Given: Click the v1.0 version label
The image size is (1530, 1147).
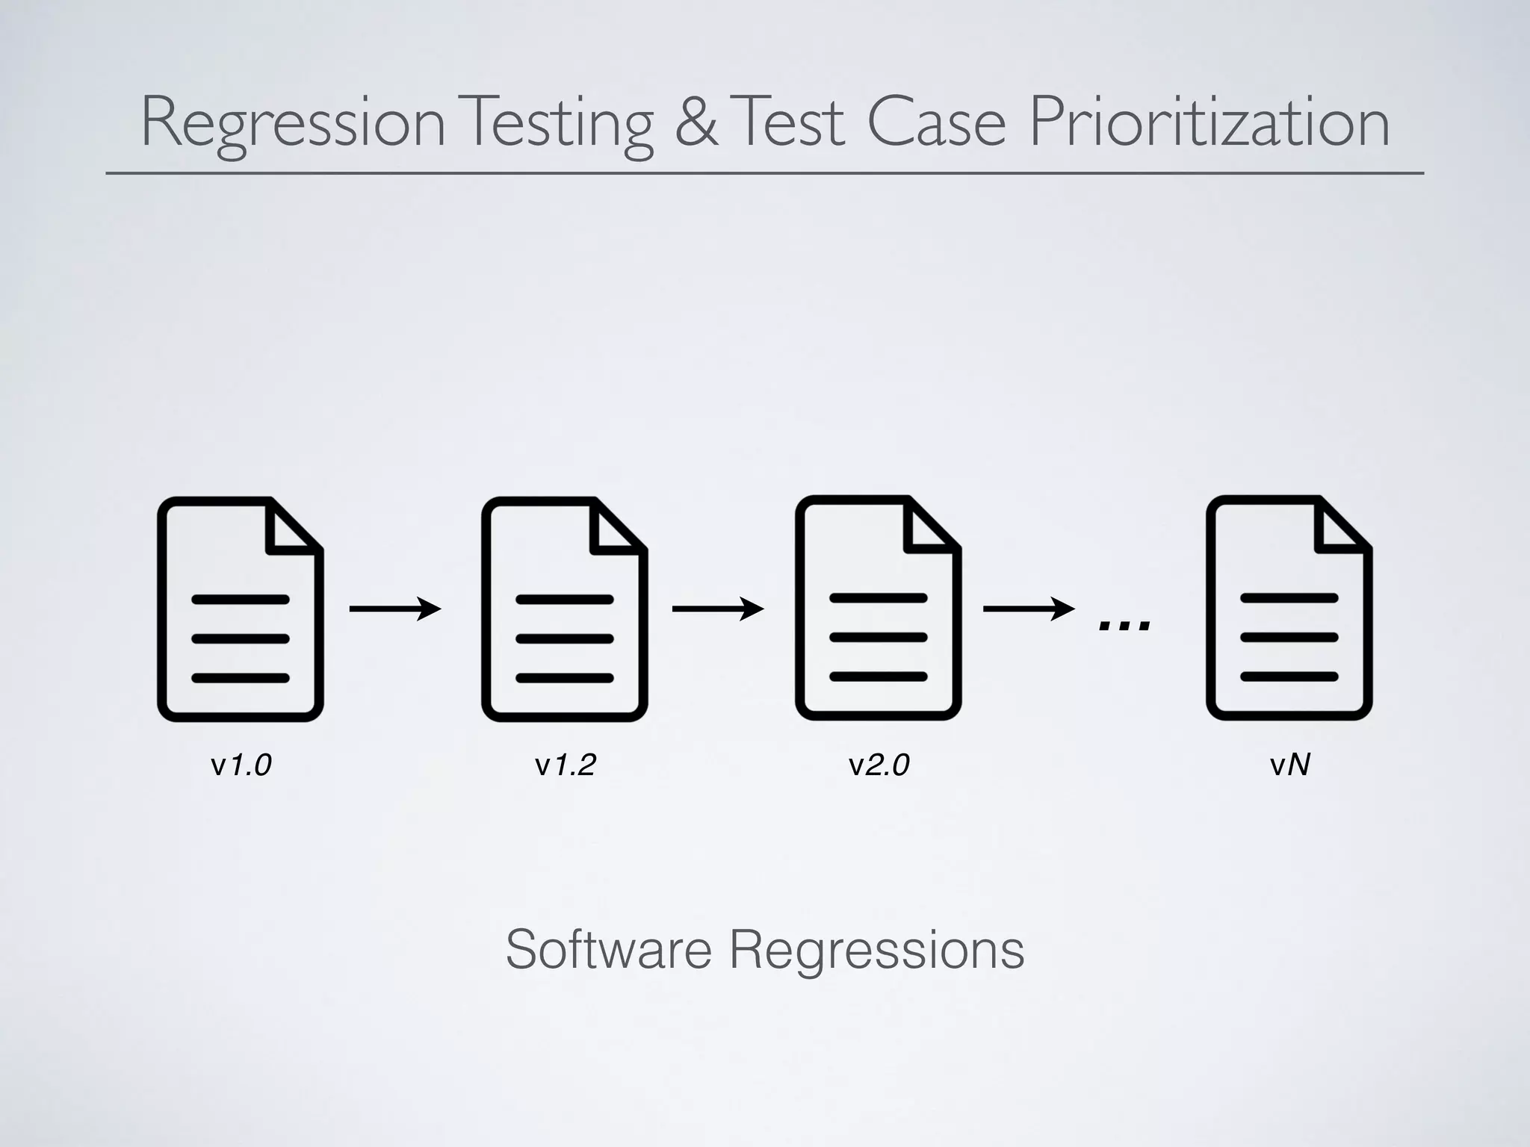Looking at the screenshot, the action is click(241, 765).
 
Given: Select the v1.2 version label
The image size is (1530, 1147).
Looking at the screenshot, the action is click(565, 765).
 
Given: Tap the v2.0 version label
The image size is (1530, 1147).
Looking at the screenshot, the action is click(879, 765).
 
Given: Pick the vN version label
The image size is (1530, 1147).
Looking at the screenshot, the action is click(1289, 765).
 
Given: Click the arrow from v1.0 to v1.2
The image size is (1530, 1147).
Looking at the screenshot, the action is click(395, 609).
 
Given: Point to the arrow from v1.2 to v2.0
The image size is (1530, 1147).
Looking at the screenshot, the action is click(718, 609).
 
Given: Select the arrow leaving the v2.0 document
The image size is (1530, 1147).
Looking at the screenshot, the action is click(1029, 609).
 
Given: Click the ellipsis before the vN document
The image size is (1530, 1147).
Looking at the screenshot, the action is click(1124, 626).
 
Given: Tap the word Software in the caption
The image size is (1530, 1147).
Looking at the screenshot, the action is click(608, 950).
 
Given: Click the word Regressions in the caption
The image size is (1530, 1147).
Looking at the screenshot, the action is click(876, 950).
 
